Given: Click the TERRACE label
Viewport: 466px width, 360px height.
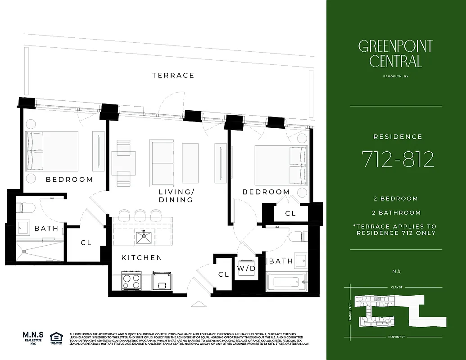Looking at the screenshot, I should click(173, 75).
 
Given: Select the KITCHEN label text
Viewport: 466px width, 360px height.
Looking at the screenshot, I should click(142, 258).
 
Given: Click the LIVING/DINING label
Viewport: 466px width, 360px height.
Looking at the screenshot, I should click(176, 196).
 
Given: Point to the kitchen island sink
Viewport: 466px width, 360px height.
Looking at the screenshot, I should click(144, 235).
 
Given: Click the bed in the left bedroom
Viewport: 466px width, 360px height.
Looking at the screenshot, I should click(52, 151).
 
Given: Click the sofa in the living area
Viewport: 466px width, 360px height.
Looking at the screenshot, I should click(162, 162).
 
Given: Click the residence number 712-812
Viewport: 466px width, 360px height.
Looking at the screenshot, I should click(398, 159).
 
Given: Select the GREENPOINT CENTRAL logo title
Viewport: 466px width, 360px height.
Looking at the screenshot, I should click(395, 53).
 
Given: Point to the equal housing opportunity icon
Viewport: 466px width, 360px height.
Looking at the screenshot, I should click(56, 338).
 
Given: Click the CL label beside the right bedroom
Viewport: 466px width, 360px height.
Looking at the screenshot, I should click(291, 213).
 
